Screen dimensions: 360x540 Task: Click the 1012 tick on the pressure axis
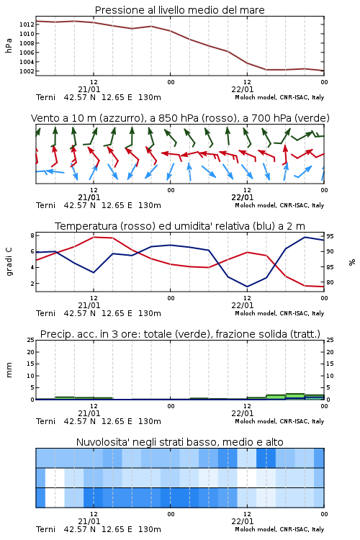[x=27, y=24]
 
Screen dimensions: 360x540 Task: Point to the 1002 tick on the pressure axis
[x=27, y=71]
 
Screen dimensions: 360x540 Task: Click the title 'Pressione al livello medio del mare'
[x=180, y=10]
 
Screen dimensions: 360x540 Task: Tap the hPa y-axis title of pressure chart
[x=9, y=45]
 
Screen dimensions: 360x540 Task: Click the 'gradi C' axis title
[x=9, y=261]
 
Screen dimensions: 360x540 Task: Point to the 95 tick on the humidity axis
[x=330, y=236]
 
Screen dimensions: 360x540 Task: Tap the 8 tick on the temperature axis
[x=32, y=235]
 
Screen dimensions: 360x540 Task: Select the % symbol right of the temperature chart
[x=352, y=262]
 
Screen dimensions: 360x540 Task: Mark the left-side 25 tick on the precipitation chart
[x=31, y=340]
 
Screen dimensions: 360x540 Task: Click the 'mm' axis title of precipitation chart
[x=9, y=370]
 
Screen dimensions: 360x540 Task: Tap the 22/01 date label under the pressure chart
[x=243, y=89]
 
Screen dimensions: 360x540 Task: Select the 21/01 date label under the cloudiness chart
[x=89, y=521]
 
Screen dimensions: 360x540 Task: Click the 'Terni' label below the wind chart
[x=46, y=205]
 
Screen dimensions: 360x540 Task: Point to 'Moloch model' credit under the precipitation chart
[x=255, y=421]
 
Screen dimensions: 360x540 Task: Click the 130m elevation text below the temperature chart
[x=150, y=313]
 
